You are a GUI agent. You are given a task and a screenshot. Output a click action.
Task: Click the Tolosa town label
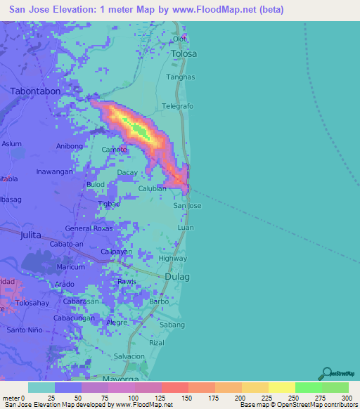tap(184, 53)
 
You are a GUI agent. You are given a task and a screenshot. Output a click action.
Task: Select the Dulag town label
tap(176, 277)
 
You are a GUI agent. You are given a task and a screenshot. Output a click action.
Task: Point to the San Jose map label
tap(188, 206)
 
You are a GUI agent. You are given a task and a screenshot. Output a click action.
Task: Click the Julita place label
tap(32, 235)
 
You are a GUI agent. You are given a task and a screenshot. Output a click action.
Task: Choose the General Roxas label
tap(88, 228)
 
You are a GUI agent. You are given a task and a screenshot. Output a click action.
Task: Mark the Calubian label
tap(152, 188)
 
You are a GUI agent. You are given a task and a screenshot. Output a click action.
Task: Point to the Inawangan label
tap(55, 171)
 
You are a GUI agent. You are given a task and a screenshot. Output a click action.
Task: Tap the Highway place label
tap(173, 258)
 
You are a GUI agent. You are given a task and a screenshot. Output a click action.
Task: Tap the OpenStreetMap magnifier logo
tap(327, 373)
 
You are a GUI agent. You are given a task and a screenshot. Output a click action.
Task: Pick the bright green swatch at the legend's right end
tap(335, 387)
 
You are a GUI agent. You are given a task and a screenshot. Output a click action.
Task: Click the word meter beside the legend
tap(13, 398)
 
